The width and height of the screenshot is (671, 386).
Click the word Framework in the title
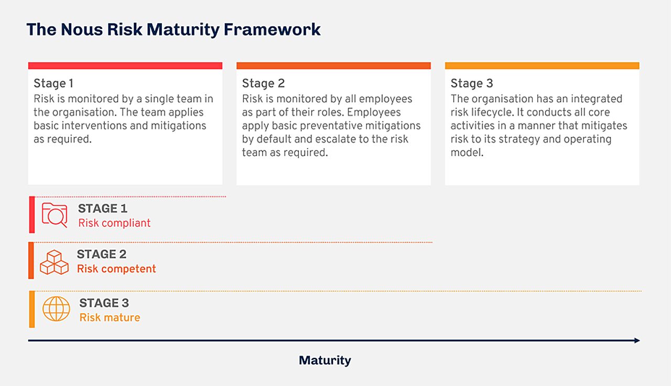point(272,29)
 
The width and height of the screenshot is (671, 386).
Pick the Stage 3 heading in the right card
point(472,83)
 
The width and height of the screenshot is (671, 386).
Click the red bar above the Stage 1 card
point(125,66)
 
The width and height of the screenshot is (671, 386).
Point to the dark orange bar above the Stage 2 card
point(333,66)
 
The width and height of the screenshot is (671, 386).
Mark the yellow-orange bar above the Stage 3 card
point(542,66)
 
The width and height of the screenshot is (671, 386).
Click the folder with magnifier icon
point(55,215)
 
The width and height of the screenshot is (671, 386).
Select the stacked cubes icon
point(55,261)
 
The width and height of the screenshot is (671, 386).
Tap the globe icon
point(56,309)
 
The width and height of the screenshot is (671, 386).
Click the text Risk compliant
point(114,223)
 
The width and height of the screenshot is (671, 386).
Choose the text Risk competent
point(116,269)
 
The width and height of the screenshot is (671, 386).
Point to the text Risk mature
point(110,318)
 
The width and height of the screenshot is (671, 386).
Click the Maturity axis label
point(324,360)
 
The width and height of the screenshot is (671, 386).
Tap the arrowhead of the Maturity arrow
point(636,340)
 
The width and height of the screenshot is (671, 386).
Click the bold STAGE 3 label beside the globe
point(104,303)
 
